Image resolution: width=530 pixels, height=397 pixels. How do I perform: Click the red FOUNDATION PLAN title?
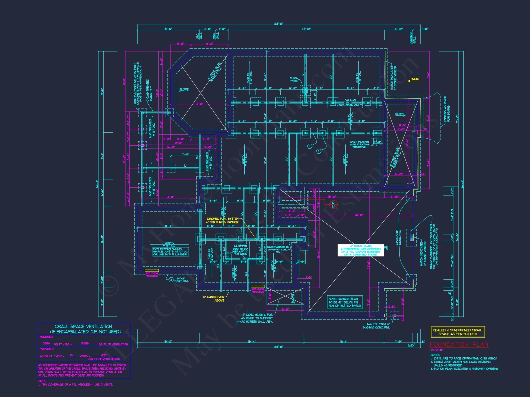tap(459, 345)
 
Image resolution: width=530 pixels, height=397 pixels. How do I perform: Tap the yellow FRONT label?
tap(415, 79)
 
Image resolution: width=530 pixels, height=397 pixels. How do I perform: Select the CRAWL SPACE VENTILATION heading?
tap(83, 327)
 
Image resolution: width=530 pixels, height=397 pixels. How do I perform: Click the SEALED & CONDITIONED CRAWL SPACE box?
tap(458, 332)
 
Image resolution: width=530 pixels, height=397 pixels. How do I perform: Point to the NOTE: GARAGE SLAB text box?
tap(345, 302)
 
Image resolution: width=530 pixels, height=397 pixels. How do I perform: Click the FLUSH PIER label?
tap(294, 80)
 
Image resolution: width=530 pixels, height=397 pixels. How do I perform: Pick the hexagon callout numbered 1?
tap(310, 146)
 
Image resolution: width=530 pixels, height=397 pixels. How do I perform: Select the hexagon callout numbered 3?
tap(171, 279)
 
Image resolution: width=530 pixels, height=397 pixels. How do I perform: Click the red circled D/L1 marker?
tap(333, 204)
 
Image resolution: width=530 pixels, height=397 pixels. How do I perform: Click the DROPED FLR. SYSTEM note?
tap(223, 220)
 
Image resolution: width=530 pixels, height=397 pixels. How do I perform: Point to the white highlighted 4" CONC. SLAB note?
tap(360, 250)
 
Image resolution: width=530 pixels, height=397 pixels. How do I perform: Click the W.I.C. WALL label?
tap(199, 36)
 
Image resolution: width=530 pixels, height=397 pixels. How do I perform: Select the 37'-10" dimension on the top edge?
tap(306, 29)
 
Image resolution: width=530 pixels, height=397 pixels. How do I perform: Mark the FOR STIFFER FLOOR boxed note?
tap(171, 251)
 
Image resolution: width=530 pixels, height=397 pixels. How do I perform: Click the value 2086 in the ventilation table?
tap(46, 343)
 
